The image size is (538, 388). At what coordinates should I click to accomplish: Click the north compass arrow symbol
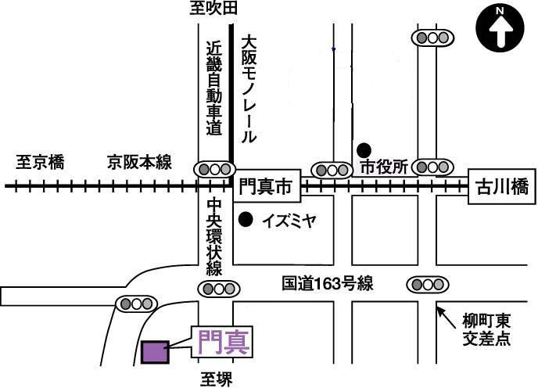point(500,28)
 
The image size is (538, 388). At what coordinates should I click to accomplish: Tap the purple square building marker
point(155,352)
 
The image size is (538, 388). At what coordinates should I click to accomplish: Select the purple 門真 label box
point(222,342)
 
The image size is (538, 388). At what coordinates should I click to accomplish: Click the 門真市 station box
point(267,186)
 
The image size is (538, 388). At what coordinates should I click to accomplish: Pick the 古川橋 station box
point(502,186)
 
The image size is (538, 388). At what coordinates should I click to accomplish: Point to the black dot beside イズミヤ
point(246,220)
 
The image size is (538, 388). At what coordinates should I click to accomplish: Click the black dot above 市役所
point(364,150)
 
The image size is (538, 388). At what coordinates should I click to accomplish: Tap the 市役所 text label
point(384,167)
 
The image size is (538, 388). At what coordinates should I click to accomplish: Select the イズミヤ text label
point(289,221)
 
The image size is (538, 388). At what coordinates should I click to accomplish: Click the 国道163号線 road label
point(328,284)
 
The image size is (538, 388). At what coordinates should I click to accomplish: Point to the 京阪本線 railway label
point(139,162)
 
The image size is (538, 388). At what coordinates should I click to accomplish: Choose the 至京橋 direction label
point(40,162)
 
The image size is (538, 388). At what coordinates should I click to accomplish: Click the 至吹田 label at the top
point(213,9)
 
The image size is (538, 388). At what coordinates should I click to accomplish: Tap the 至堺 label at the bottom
point(217,379)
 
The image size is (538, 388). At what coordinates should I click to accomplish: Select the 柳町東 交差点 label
point(486,330)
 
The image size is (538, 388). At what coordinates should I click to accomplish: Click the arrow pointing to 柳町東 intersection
point(448,318)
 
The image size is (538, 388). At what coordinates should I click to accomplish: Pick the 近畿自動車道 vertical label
point(214,88)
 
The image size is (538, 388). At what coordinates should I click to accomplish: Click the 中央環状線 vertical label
point(214,236)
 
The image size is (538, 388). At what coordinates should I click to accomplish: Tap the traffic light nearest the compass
point(432,38)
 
